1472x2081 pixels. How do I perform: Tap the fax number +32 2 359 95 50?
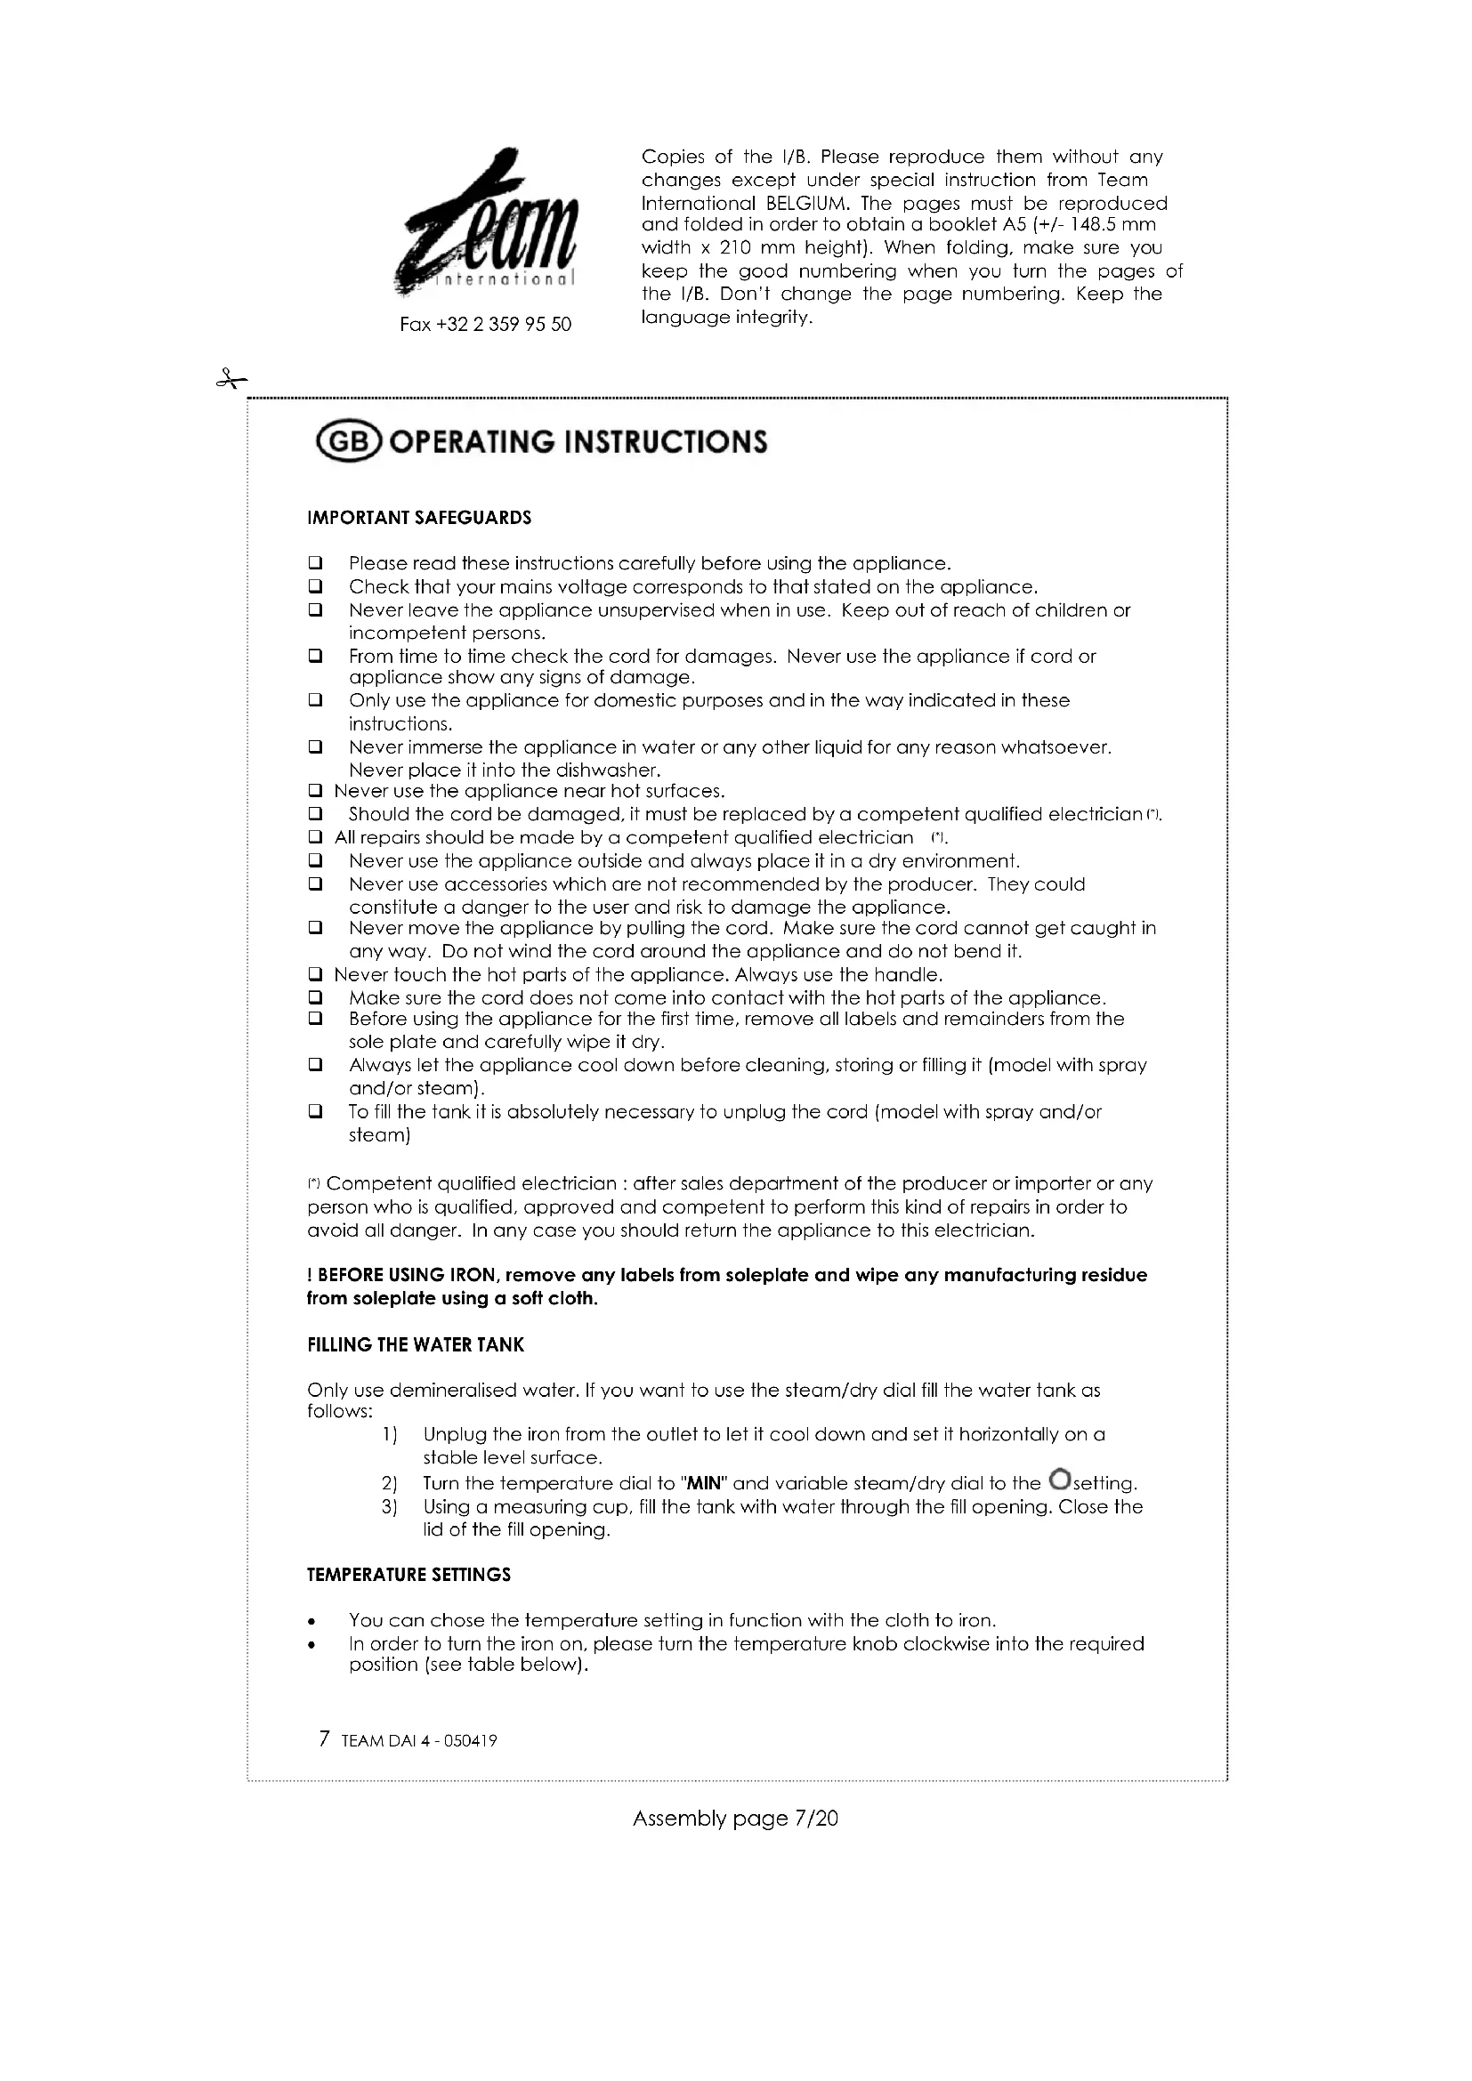point(485,325)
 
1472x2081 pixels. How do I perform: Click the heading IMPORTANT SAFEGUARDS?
point(419,519)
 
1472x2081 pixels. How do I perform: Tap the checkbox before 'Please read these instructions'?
point(315,564)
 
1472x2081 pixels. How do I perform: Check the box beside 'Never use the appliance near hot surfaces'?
point(315,792)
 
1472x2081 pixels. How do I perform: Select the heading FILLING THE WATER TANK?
point(415,1345)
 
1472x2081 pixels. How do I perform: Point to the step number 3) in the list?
point(390,1507)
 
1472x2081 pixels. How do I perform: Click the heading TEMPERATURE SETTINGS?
point(408,1576)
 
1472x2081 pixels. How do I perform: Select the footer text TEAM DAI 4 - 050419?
point(419,1741)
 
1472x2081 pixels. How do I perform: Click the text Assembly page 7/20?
point(735,1819)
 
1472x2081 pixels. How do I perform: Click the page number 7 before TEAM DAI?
point(325,1739)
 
